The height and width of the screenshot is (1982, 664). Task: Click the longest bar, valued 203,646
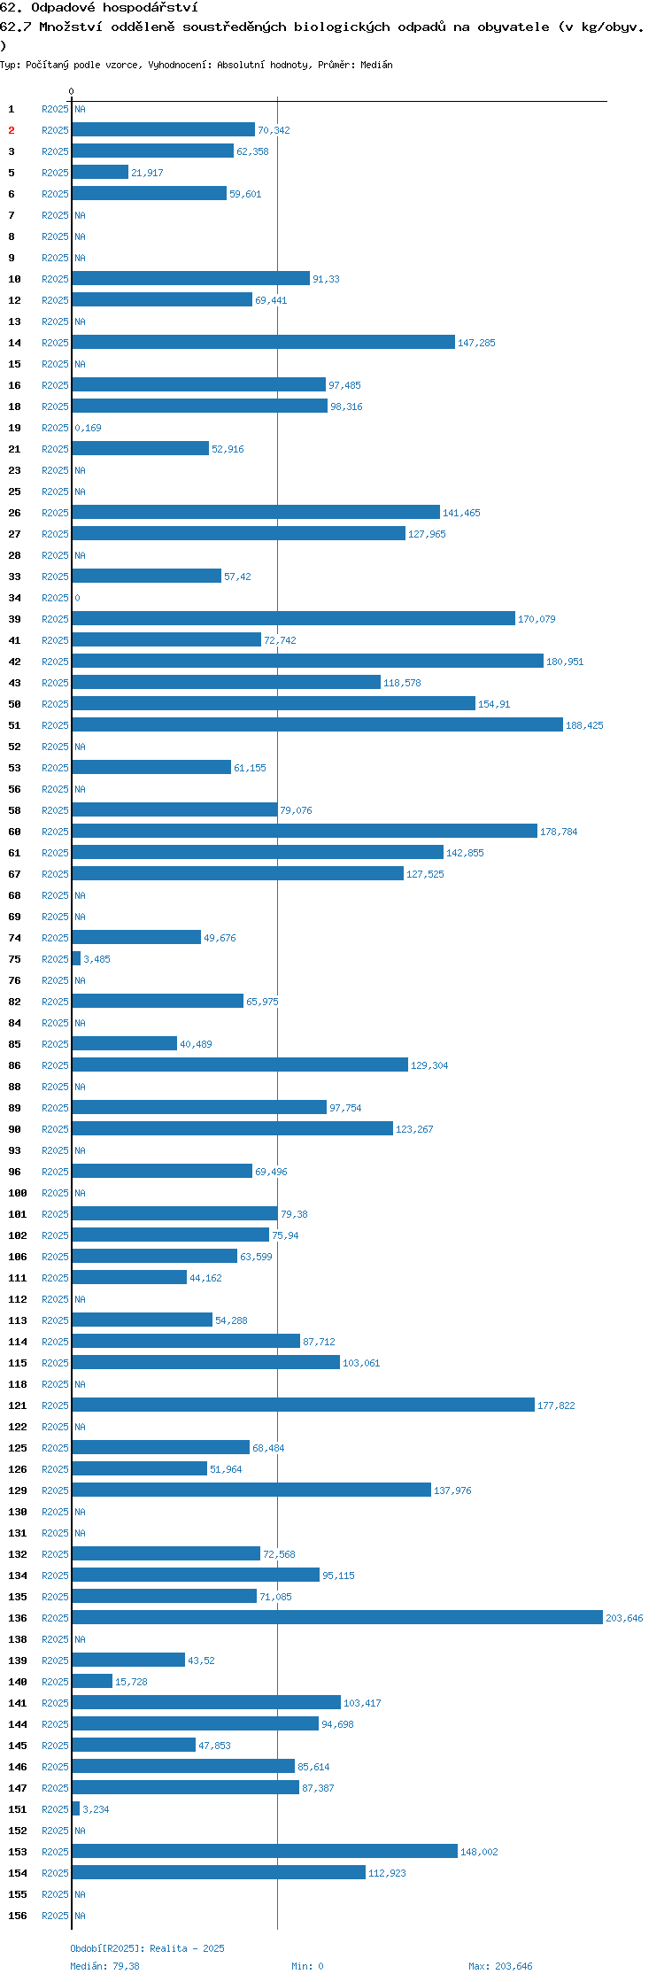(337, 1617)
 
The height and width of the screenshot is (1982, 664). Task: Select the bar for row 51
(318, 724)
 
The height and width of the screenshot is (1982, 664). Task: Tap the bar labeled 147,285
(264, 342)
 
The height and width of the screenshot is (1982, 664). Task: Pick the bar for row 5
(100, 172)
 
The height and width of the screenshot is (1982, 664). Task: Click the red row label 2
(12, 130)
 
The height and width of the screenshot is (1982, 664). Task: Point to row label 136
(18, 1618)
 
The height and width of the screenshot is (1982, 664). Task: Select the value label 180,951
(565, 662)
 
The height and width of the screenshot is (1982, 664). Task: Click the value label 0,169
(88, 428)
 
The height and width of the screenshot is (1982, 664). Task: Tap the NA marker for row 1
(80, 109)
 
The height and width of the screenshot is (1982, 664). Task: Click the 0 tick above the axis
(72, 91)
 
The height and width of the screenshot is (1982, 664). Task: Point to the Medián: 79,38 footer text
(104, 1966)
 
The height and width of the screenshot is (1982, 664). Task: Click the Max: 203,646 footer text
(500, 1966)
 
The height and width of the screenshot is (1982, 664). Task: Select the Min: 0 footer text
(307, 1966)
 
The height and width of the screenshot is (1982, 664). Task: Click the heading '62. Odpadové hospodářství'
(99, 8)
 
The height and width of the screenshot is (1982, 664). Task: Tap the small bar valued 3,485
(76, 958)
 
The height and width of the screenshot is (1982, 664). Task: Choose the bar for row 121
(304, 1405)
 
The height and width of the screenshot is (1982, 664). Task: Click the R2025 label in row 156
(55, 1916)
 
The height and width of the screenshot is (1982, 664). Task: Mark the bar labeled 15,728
(92, 1681)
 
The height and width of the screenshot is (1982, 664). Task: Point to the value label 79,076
(296, 810)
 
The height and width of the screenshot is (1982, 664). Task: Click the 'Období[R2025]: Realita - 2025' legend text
(147, 1948)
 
